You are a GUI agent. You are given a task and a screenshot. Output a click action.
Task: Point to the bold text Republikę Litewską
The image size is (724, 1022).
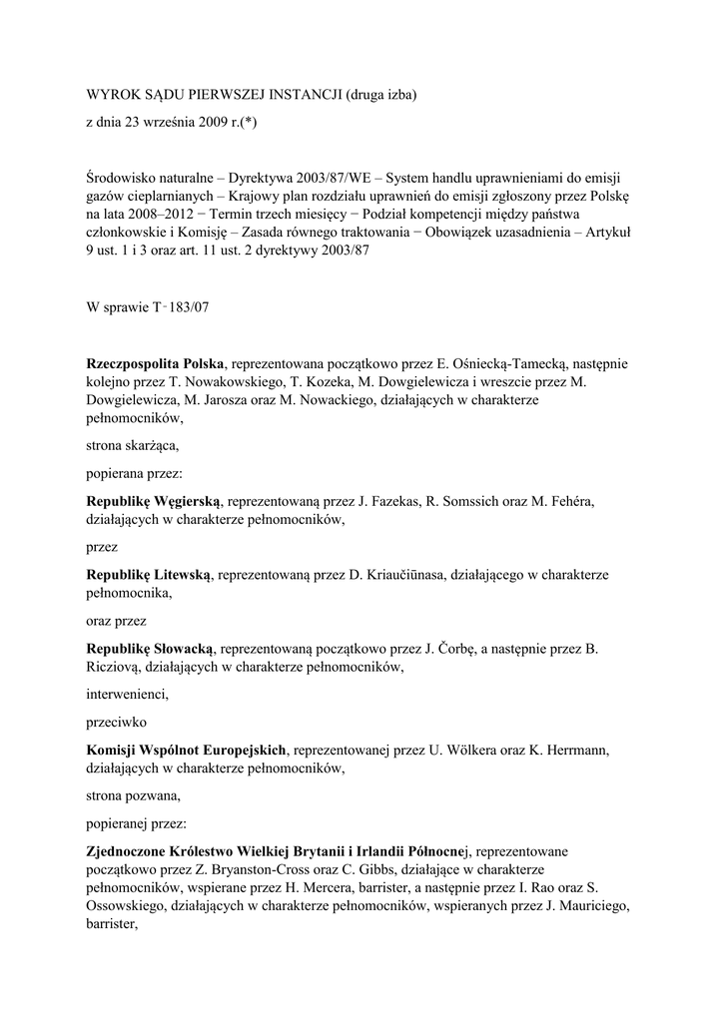(149, 575)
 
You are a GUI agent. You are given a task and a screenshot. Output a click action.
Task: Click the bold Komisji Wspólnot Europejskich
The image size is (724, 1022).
(187, 750)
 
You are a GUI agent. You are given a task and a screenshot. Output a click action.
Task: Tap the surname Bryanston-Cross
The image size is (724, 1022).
(227, 870)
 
